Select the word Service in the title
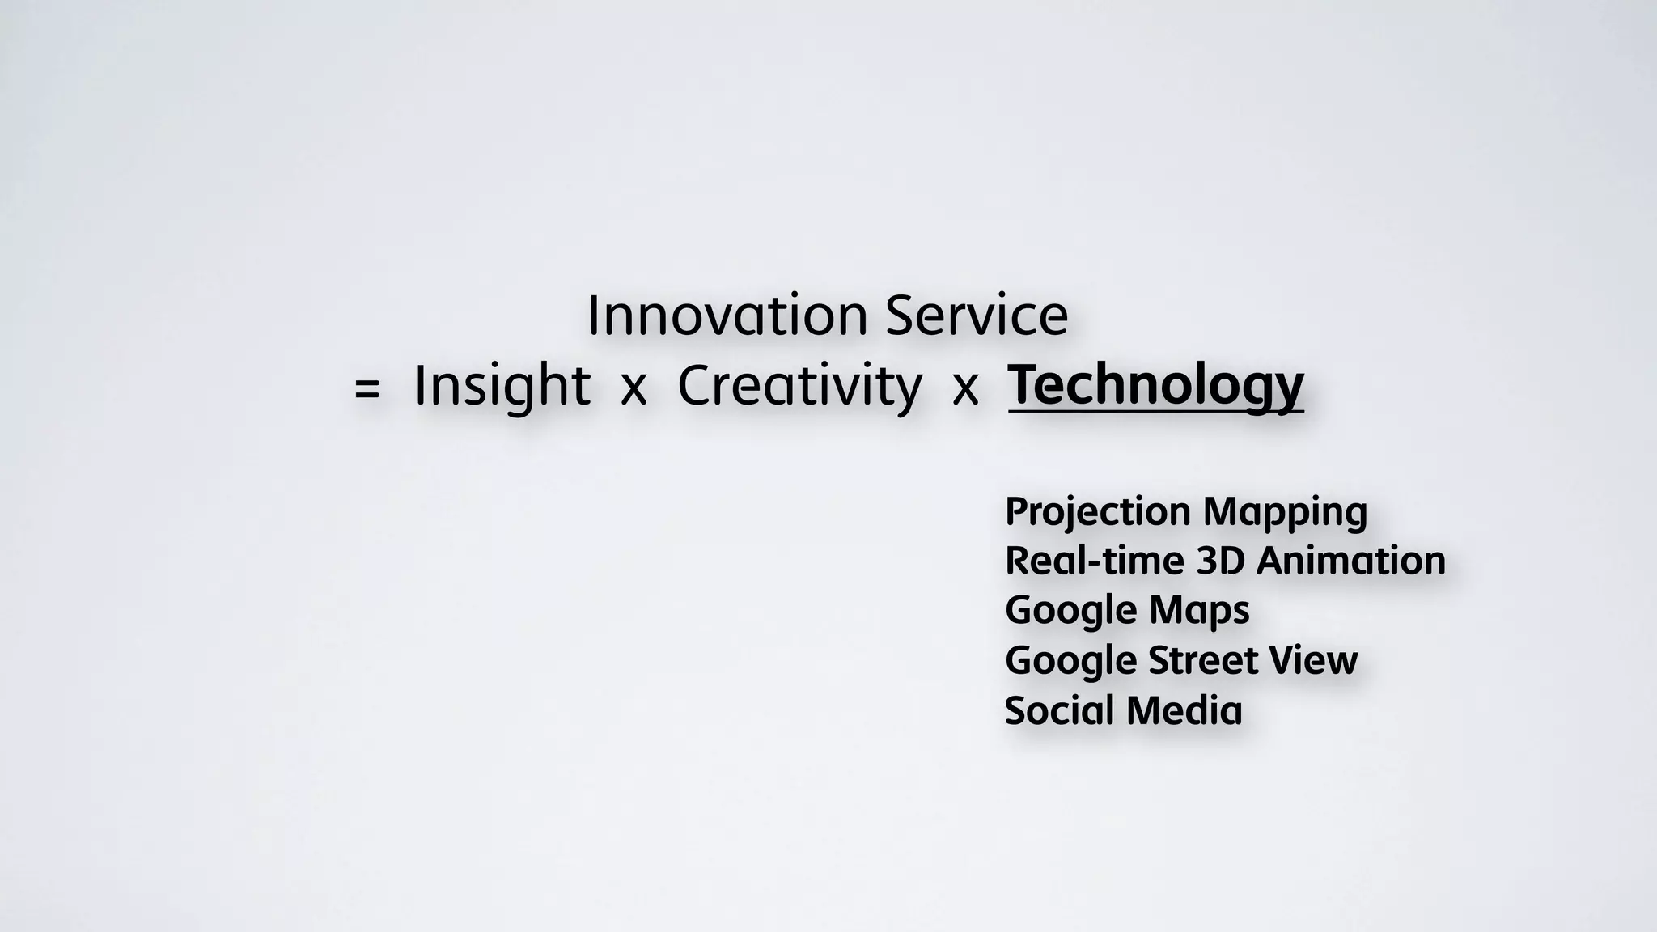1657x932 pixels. (x=977, y=316)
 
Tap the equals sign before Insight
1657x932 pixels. (x=367, y=389)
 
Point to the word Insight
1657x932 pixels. (x=502, y=386)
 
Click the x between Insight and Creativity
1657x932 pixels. (x=634, y=389)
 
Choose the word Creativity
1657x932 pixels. (x=799, y=386)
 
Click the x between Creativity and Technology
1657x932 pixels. (x=965, y=389)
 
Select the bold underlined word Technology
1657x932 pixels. (x=1155, y=386)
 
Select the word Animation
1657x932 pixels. (x=1350, y=561)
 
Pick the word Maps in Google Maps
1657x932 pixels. (x=1199, y=611)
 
